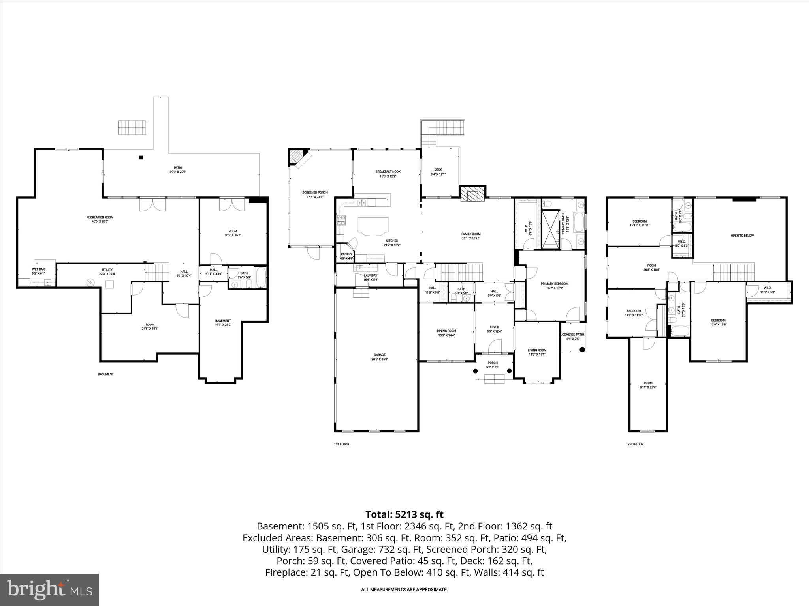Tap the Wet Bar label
click(38, 269)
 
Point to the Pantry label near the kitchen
click(346, 254)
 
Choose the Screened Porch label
click(315, 193)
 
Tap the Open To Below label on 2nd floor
click(742, 236)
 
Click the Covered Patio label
click(573, 335)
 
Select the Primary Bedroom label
click(554, 284)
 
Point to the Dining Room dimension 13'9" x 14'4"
click(446, 335)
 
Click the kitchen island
click(373, 226)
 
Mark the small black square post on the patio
click(141, 158)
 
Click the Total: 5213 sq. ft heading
click(404, 514)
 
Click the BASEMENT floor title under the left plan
click(105, 374)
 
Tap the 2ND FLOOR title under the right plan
click(635, 444)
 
